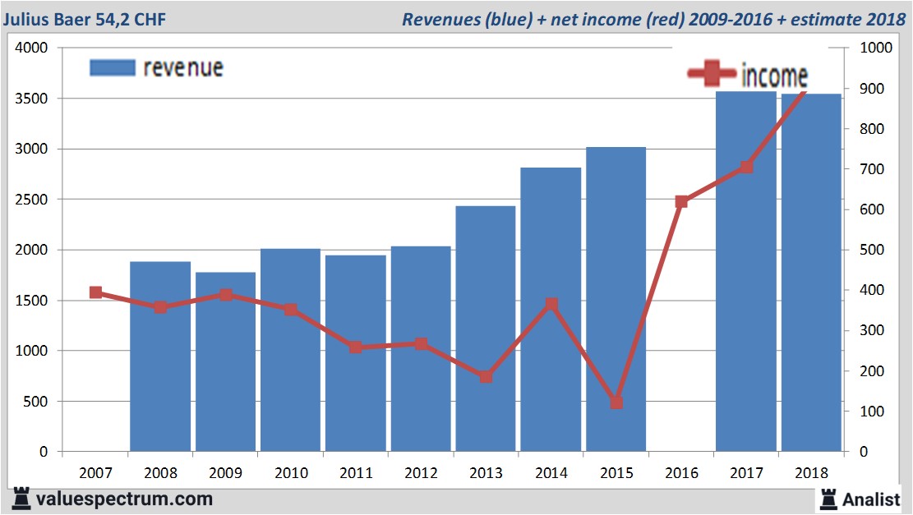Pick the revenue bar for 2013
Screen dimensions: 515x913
click(x=486, y=329)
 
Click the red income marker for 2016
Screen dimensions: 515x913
click(x=681, y=201)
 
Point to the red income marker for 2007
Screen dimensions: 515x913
click(x=95, y=292)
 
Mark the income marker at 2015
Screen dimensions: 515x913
click(x=616, y=402)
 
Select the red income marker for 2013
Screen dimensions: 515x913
click(x=486, y=377)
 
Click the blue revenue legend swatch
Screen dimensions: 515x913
click(x=112, y=67)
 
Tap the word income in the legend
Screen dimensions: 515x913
click(x=774, y=76)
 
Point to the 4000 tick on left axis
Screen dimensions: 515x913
click(x=32, y=48)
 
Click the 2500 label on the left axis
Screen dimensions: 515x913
click(x=32, y=200)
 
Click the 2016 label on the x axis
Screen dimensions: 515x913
click(x=681, y=473)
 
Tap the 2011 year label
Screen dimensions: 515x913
click(x=356, y=473)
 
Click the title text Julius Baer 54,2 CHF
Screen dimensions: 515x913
click(x=84, y=19)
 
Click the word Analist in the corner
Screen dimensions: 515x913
click(x=871, y=499)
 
